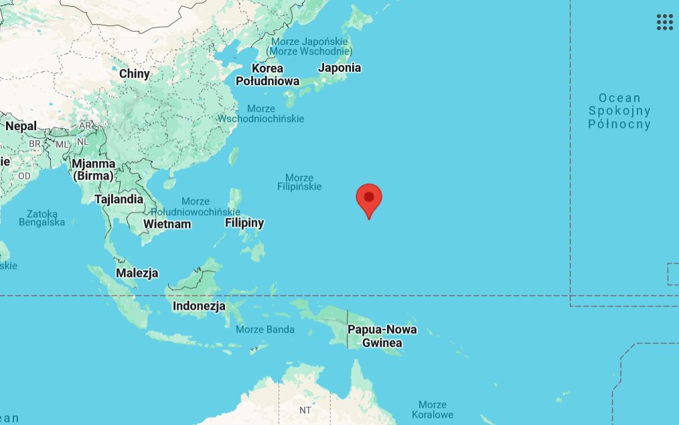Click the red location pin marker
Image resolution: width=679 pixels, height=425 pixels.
click(x=369, y=199)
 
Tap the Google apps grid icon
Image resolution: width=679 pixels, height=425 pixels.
click(x=664, y=22)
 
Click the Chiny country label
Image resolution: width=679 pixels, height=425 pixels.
click(x=135, y=74)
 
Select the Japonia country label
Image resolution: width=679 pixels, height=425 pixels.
click(x=339, y=68)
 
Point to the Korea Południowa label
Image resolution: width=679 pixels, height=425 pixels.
click(x=267, y=74)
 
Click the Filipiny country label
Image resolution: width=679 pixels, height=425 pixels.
click(x=244, y=223)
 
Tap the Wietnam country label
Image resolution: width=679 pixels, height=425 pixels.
click(x=167, y=224)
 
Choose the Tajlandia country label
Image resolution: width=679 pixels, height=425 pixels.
click(x=119, y=199)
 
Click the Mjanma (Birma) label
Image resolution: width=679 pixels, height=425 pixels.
click(x=94, y=170)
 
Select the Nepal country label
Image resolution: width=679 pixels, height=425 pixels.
click(x=21, y=126)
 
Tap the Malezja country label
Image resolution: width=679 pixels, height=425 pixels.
click(x=137, y=273)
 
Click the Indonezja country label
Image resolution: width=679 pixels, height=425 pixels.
click(x=199, y=306)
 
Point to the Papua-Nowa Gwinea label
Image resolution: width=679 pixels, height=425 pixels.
click(x=382, y=336)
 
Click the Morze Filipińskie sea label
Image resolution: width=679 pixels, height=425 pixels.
click(x=299, y=182)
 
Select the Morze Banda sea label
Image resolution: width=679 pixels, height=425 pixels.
click(x=265, y=329)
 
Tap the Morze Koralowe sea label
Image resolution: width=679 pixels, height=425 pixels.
click(x=432, y=410)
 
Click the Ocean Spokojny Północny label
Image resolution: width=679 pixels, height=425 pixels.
click(x=619, y=111)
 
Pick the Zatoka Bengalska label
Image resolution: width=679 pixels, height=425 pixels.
click(x=42, y=218)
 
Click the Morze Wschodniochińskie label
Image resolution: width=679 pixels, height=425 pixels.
click(x=260, y=114)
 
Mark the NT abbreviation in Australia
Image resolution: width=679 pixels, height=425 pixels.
click(x=305, y=410)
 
